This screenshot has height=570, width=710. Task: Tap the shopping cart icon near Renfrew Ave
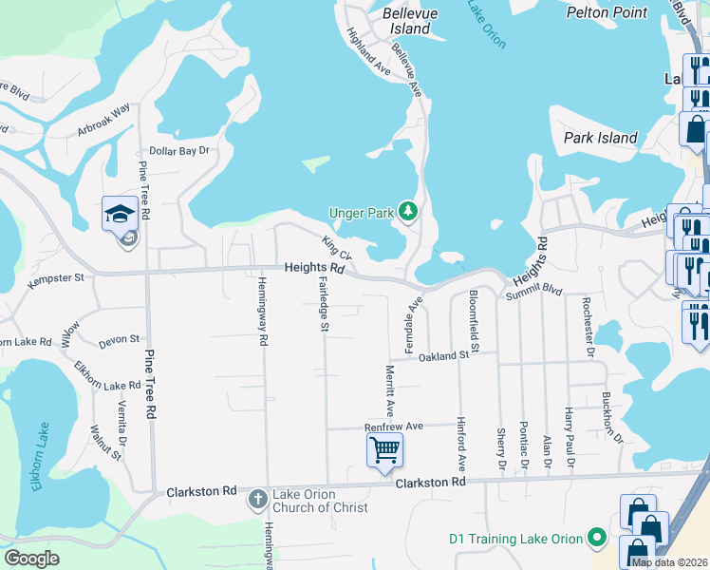384,449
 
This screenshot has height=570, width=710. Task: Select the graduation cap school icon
121,214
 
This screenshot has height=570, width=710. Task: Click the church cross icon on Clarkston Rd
256,499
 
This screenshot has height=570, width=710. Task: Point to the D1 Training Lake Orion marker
597,539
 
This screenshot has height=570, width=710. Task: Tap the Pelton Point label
607,12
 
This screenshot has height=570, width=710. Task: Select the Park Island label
600,138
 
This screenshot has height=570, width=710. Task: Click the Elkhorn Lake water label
38,459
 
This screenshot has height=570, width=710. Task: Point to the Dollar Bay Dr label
178,151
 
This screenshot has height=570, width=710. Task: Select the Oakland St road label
445,355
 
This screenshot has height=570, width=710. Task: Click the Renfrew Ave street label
393,427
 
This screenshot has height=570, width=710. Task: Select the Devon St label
120,339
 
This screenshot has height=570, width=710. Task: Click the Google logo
31,559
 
